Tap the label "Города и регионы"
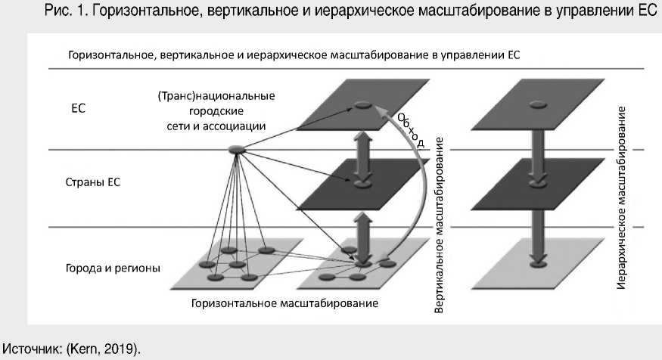pos(112,268)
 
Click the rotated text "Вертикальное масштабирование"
pos(438,226)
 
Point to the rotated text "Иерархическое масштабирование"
pos(622,198)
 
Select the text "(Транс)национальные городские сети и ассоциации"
pos(215,111)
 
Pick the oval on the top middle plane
pos(363,105)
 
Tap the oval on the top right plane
pos(537,105)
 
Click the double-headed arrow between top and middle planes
pos(362,143)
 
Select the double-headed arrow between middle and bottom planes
pos(362,226)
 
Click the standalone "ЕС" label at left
pos(78,108)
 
